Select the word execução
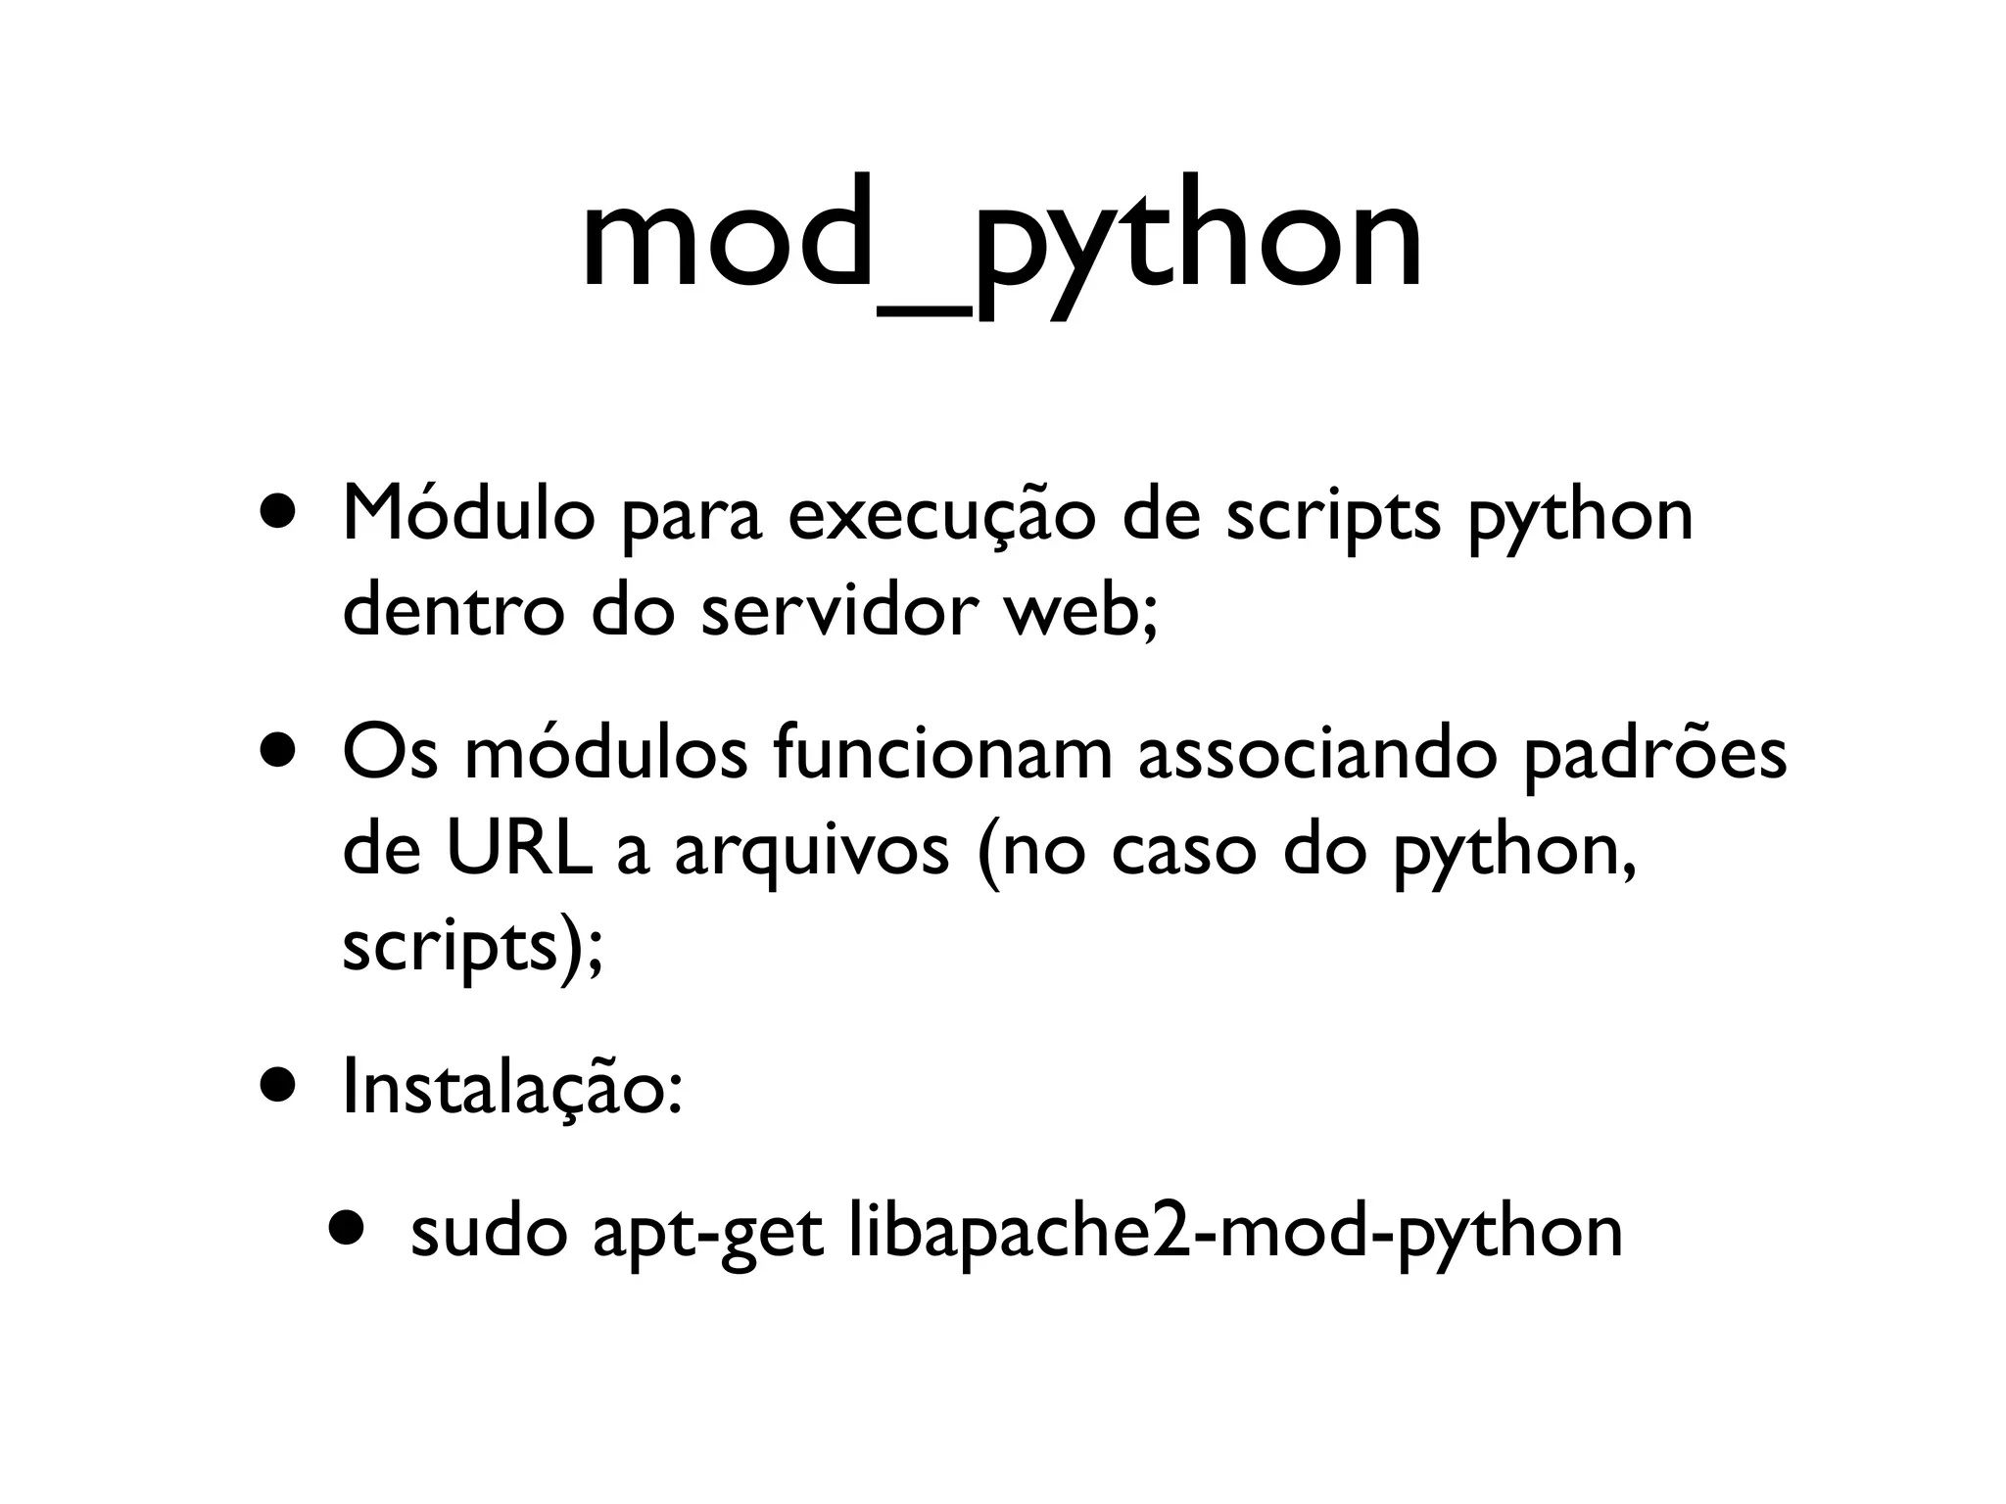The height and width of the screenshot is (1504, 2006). [x=940, y=516]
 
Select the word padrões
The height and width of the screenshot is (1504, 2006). [x=1654, y=756]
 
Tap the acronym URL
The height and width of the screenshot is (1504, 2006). [x=518, y=850]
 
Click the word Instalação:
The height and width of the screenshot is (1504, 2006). [x=511, y=1090]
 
